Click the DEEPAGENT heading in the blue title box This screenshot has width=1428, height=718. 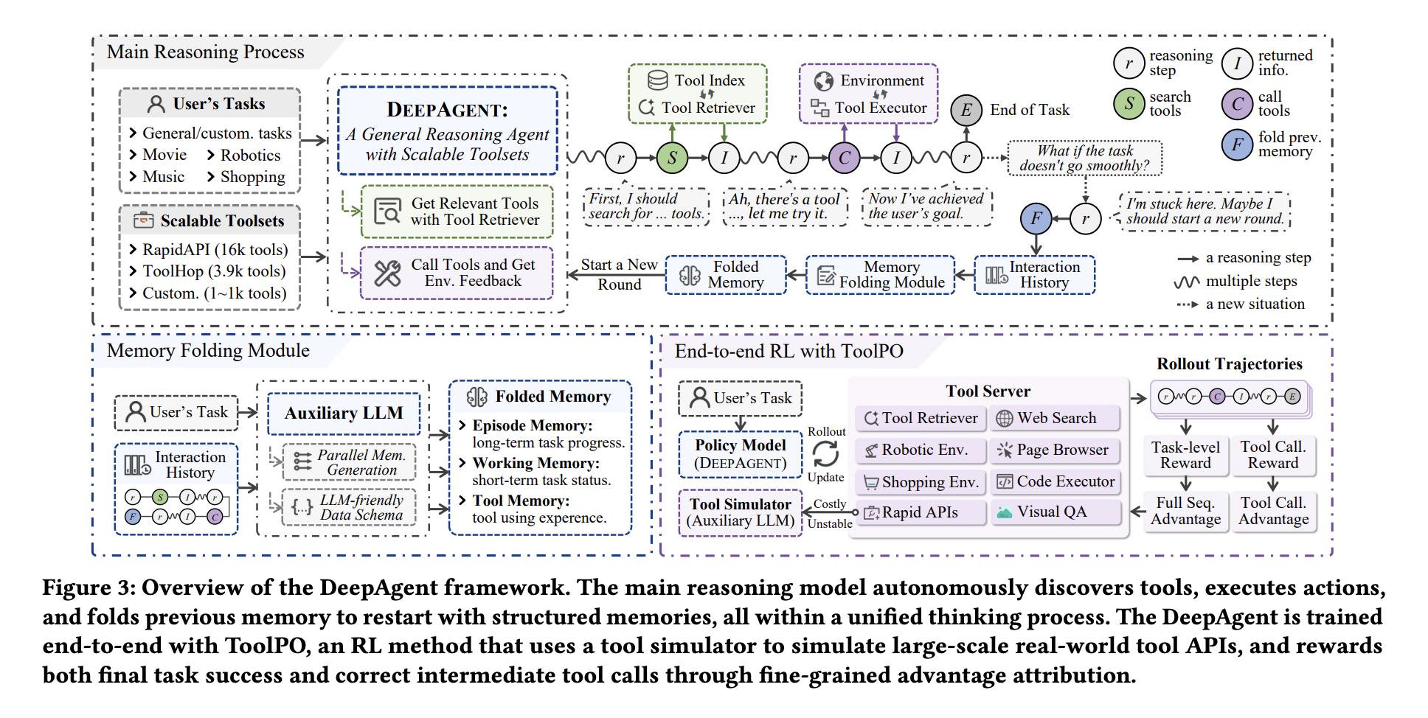coord(447,110)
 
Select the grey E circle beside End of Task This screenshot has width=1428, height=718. coord(966,111)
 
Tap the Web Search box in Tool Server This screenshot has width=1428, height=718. coord(1055,418)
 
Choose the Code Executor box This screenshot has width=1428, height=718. coord(1055,481)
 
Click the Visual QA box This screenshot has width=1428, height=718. coord(1055,512)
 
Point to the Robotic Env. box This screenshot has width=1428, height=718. coord(922,450)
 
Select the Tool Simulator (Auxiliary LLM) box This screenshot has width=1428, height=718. coord(741,512)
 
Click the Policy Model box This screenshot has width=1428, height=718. coord(741,454)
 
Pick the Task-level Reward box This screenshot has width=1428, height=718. coord(1185,455)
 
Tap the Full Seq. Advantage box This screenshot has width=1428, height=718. coord(1185,511)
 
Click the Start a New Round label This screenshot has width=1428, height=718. coord(619,274)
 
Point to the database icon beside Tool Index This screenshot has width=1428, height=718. coord(657,80)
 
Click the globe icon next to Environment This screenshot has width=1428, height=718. coord(824,80)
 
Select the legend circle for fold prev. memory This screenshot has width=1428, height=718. coord(1237,144)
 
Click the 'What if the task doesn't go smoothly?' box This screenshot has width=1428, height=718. coord(1084,158)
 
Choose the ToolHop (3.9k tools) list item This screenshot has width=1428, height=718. coord(213,271)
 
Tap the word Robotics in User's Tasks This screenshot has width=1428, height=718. coord(250,156)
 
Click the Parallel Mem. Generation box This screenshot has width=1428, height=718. coord(350,462)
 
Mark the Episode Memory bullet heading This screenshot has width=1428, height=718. coord(532,425)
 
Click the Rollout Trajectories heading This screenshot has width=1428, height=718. coord(1229,364)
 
